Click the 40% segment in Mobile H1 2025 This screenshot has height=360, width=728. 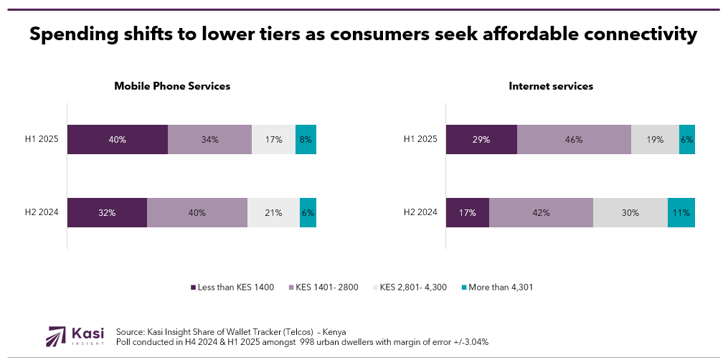point(118,140)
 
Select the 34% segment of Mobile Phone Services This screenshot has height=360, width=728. point(209,140)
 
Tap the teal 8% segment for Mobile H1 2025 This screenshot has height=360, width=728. point(306,140)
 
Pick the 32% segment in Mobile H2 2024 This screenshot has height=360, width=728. point(107,212)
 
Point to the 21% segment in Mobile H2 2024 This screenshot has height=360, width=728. point(273,212)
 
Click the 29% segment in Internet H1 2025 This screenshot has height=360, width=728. point(481,140)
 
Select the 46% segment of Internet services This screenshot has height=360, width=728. point(574,140)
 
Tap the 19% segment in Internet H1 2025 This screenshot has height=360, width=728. point(655,140)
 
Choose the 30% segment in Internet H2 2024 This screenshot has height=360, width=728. point(630,212)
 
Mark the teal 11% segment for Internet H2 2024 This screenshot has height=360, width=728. point(681,212)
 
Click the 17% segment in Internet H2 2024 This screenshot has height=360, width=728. point(468,212)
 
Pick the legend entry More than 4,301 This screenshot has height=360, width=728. point(497,288)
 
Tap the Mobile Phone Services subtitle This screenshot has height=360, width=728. point(172,86)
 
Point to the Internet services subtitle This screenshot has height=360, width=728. point(551,86)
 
